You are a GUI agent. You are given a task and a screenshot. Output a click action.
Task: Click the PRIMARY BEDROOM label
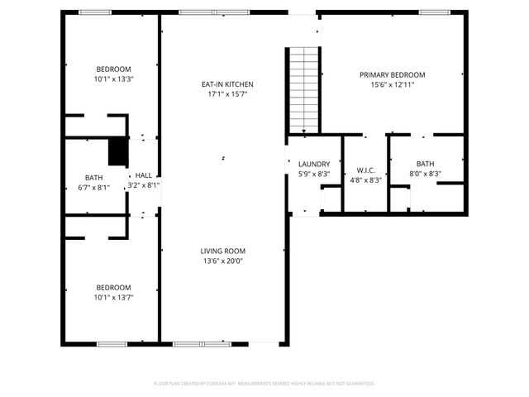tap(393, 74)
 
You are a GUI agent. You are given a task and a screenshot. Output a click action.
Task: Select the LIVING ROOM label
tap(222, 251)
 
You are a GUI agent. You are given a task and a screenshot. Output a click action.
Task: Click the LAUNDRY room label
tap(314, 164)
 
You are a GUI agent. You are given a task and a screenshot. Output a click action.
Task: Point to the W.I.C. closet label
tap(366, 170)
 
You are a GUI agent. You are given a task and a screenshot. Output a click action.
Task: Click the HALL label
tap(144, 175)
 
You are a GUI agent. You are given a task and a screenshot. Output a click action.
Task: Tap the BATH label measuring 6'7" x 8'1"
tap(93, 178)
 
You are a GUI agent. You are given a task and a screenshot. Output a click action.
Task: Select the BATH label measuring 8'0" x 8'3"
tap(425, 164)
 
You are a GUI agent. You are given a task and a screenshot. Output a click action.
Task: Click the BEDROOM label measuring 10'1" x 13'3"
tap(114, 69)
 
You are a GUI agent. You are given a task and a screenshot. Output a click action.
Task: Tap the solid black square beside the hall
tap(118, 153)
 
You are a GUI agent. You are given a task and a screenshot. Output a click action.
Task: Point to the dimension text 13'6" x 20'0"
tap(222, 261)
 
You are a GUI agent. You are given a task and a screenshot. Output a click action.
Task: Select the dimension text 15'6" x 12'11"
tap(393, 84)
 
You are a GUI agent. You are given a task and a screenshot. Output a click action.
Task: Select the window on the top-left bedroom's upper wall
tap(95, 12)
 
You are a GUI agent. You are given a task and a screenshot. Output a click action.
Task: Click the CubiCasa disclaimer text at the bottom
tap(264, 384)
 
